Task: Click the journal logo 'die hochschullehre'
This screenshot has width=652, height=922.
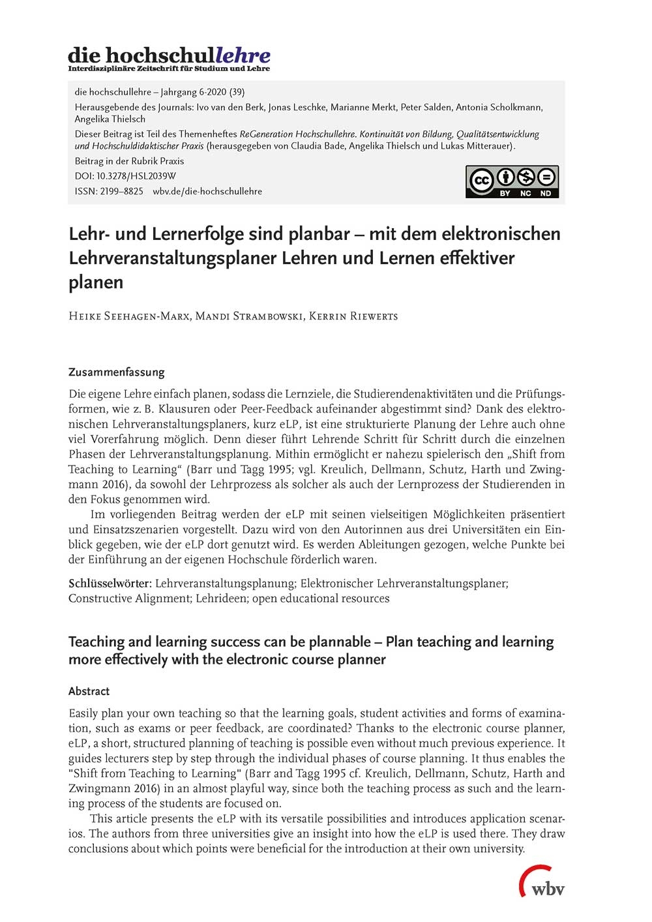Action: [x=169, y=55]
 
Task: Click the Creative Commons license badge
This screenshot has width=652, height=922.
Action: [x=512, y=181]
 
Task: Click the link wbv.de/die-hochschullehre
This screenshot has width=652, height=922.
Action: [x=207, y=191]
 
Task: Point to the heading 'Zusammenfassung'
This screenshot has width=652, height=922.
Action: [x=117, y=372]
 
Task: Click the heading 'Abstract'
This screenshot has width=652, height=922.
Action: [x=89, y=691]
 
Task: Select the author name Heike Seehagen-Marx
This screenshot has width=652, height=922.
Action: [x=129, y=316]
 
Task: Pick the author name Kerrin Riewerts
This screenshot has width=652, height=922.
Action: [x=353, y=316]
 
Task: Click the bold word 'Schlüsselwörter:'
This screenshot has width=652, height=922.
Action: [x=110, y=584]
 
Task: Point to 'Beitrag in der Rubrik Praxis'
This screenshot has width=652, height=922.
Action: [x=129, y=161]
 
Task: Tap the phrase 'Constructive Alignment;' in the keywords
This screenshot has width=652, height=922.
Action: [x=130, y=599]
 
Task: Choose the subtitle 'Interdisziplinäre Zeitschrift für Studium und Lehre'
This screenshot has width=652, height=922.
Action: [x=169, y=68]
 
